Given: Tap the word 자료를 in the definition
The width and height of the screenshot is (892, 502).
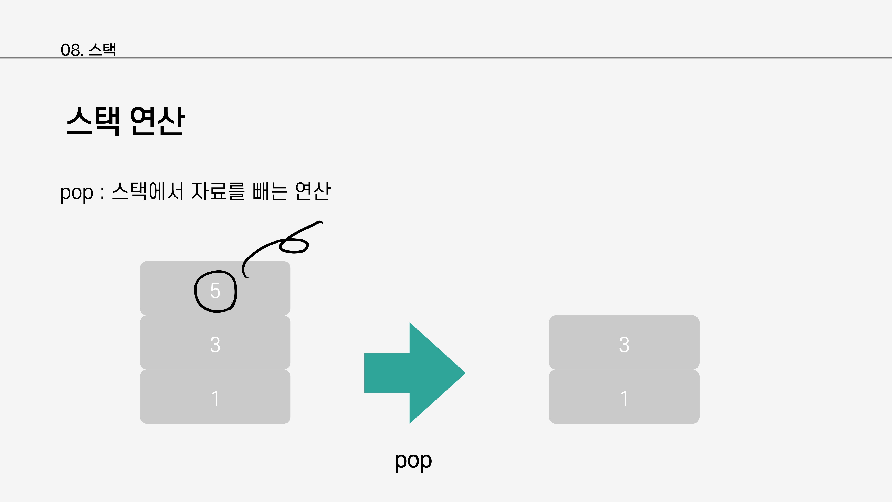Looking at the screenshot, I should click(x=218, y=191).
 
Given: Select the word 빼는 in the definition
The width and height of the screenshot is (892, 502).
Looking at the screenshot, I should click(x=270, y=191).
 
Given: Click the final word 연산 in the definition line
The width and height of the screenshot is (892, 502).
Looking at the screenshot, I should click(x=313, y=191).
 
